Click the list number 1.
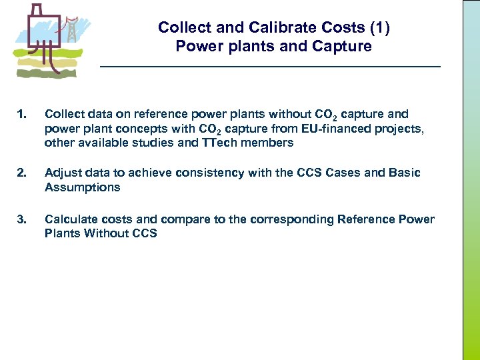click(23, 115)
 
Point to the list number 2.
click(23, 173)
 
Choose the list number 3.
click(23, 219)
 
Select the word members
click(267, 142)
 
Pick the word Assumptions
click(83, 187)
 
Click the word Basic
click(404, 173)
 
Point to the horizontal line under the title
click(270, 67)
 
